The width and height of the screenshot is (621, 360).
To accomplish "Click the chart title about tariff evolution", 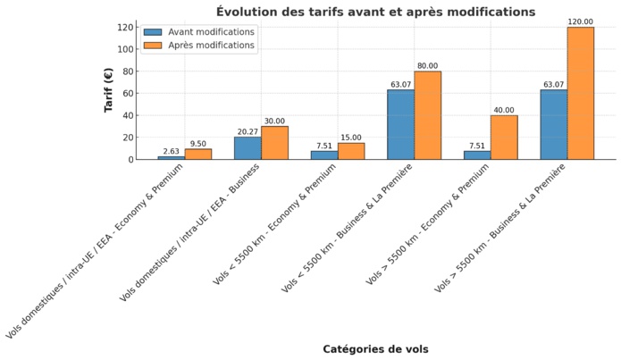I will [x=375, y=12].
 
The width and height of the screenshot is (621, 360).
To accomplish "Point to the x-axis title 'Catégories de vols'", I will [x=375, y=349].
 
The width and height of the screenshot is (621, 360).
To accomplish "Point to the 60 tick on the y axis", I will [x=130, y=94].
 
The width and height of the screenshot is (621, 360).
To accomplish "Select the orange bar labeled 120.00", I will [x=580, y=93].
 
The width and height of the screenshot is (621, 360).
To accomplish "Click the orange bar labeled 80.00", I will [x=427, y=115].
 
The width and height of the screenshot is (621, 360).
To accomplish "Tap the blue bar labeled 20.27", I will [x=248, y=148].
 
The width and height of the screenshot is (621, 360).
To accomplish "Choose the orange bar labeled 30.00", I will [x=274, y=143].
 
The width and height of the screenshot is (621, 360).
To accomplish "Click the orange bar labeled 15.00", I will [x=351, y=151].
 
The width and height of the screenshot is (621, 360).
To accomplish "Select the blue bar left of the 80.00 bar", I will [x=400, y=124].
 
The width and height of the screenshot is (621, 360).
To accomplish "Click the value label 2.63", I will [x=171, y=151].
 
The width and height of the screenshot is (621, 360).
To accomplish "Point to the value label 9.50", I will [x=198, y=143].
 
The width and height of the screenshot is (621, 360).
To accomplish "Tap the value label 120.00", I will [x=580, y=21].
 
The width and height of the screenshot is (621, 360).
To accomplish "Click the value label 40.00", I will [x=504, y=110].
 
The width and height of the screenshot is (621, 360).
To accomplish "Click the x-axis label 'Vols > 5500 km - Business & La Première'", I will [x=505, y=232].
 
